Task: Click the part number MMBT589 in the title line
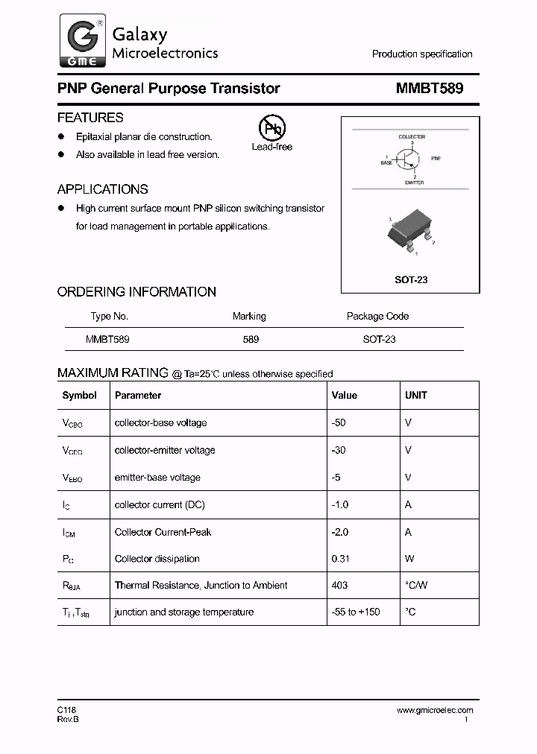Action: tap(430, 89)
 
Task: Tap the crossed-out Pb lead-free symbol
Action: tap(271, 129)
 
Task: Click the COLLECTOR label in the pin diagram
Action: tap(412, 137)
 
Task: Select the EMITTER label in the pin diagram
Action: tap(414, 183)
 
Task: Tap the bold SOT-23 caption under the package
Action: tap(410, 280)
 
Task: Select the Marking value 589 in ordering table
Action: tap(251, 339)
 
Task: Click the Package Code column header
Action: tap(377, 316)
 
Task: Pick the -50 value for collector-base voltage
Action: tap(339, 422)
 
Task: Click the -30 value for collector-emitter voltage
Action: tap(339, 450)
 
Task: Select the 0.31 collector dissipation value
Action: tap(341, 559)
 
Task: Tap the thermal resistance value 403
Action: tap(339, 586)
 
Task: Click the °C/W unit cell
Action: tap(416, 586)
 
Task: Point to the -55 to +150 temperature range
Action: tap(355, 612)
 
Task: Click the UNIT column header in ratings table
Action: tap(416, 396)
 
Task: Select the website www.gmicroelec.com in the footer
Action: tap(435, 710)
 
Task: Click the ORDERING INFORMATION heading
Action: tap(136, 292)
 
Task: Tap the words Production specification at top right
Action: tap(422, 54)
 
